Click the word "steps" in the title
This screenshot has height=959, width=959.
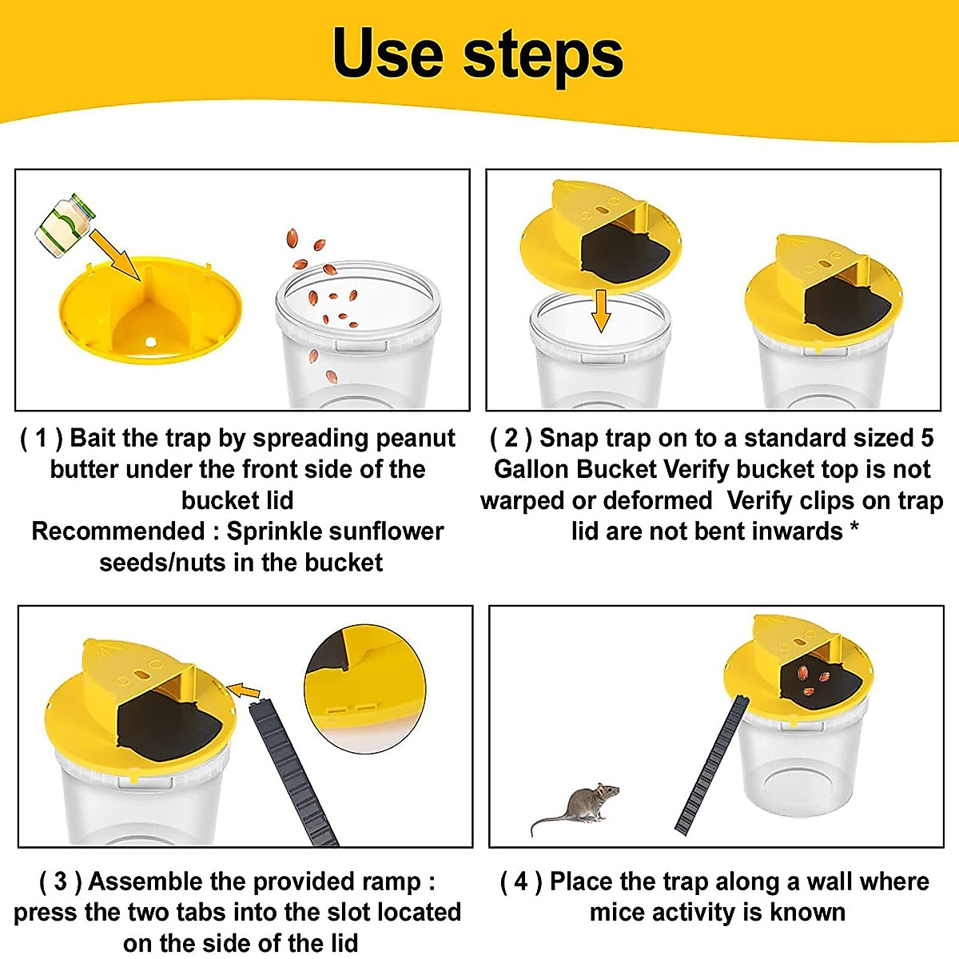point(543,56)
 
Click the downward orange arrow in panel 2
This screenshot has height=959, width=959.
point(601,311)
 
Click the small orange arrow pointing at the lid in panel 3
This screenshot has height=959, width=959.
point(244,690)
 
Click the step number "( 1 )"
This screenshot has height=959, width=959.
point(41,438)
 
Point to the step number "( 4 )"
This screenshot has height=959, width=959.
point(521,881)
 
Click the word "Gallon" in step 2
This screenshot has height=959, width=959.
point(531,469)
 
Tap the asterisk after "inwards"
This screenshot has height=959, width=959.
point(854,529)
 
